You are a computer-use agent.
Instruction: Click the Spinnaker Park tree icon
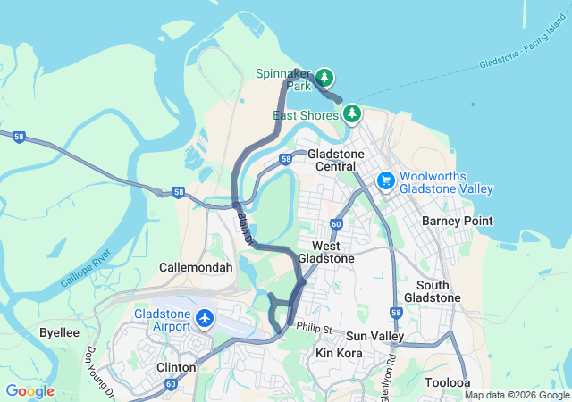click(x=324, y=77)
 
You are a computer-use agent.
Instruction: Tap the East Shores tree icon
click(x=353, y=113)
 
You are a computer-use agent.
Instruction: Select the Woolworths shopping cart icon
click(x=386, y=180)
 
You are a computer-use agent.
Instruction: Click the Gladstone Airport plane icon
click(x=206, y=318)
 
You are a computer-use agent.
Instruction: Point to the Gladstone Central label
click(x=336, y=160)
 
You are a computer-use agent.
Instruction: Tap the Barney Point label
click(x=457, y=221)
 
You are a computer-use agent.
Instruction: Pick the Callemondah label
click(x=196, y=267)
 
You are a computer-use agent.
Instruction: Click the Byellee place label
click(x=59, y=331)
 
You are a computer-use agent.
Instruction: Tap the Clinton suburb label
click(x=176, y=367)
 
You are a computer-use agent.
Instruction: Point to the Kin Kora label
click(x=337, y=354)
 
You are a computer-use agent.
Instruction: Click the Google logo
click(x=29, y=391)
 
